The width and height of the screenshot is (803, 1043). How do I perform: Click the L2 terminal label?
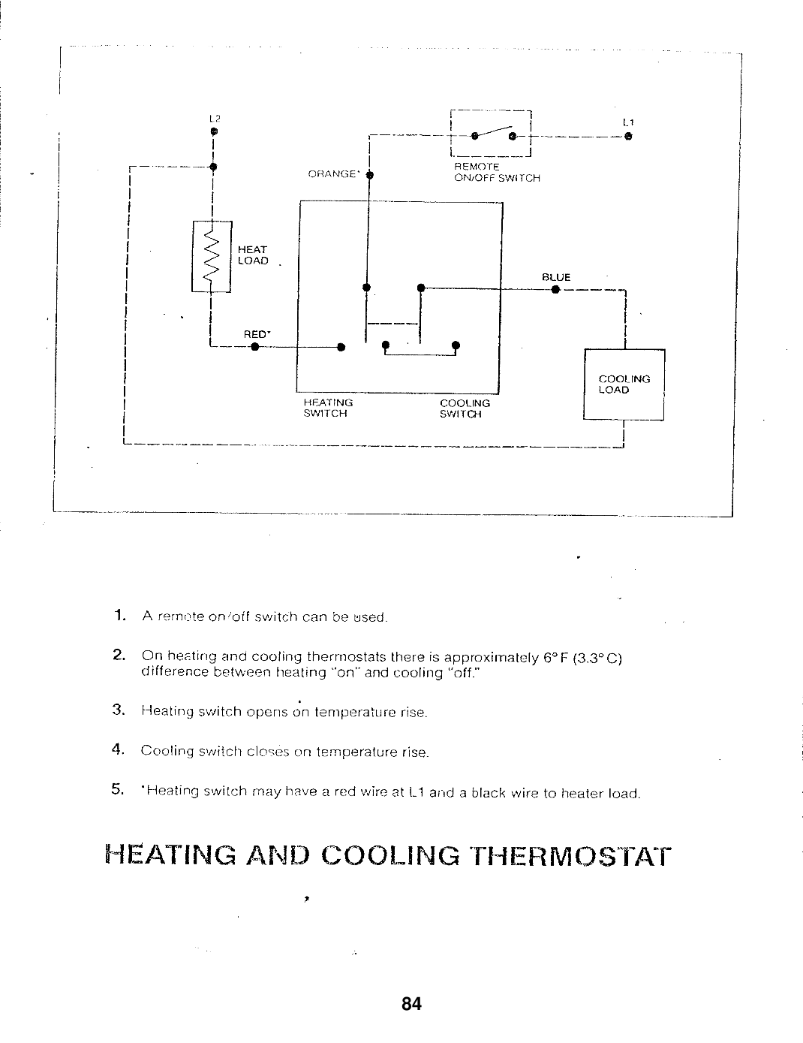click(213, 119)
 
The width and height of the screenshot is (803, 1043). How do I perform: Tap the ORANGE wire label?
click(332, 174)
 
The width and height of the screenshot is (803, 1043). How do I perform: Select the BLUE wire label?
click(556, 278)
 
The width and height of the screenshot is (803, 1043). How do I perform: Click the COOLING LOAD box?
click(624, 384)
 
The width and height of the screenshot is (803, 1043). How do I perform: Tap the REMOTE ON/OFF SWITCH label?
click(497, 172)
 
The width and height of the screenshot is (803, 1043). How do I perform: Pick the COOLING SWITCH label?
click(465, 408)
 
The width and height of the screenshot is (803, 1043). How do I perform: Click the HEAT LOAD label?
click(253, 255)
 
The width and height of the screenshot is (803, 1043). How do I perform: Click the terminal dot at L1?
click(628, 137)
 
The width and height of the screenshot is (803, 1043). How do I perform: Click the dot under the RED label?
click(254, 347)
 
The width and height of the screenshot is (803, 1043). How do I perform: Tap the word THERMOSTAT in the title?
click(567, 857)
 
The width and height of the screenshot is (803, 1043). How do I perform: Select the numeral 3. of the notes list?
click(118, 710)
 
